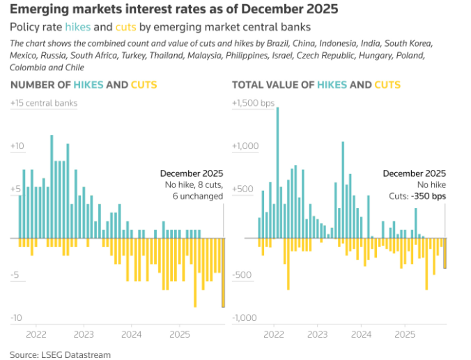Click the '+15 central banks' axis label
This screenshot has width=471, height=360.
coord(44,103)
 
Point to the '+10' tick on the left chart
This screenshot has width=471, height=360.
coord(17,146)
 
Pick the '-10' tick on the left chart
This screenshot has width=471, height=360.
coord(17,318)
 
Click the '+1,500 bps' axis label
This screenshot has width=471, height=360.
coord(254,103)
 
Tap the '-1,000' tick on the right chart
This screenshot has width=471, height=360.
coord(244,318)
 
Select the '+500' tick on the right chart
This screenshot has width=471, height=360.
coord(242,189)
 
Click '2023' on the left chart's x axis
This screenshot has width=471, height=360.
coord(84,334)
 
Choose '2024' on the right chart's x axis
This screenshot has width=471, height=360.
coord(362,334)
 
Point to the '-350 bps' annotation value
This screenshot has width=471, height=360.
coord(429,196)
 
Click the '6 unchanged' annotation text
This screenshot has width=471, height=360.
coord(198,196)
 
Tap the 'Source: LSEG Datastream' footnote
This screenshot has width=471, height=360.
coord(60,354)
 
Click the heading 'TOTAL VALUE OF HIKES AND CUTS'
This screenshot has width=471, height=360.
coord(316,85)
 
